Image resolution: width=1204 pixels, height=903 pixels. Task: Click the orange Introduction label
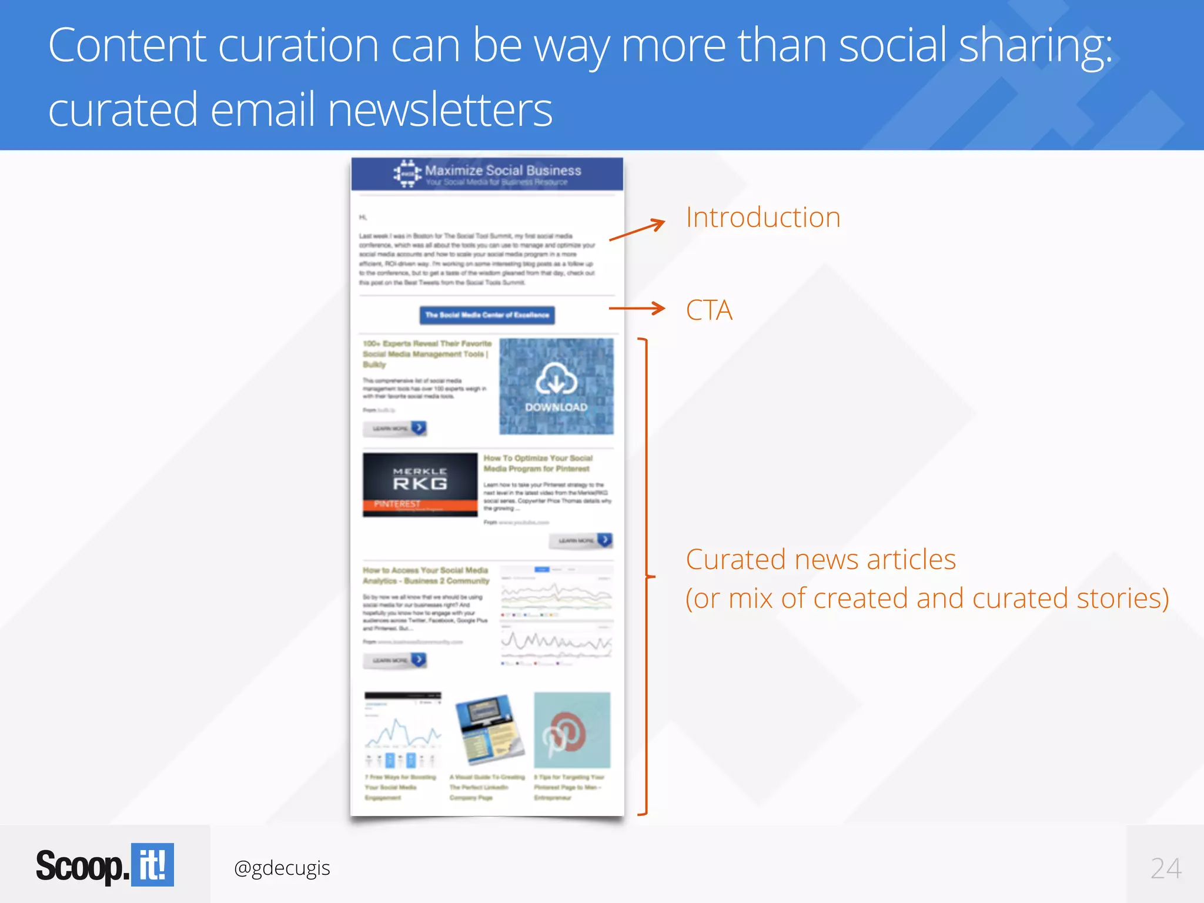[762, 218]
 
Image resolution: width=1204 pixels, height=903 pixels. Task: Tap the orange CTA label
[709, 310]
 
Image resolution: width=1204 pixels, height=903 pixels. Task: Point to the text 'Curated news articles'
[820, 559]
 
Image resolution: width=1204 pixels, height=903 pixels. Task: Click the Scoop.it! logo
[105, 865]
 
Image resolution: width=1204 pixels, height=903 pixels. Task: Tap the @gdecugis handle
[282, 868]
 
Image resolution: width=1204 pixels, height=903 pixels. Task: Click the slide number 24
[1165, 868]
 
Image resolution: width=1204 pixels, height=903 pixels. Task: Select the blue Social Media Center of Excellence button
[487, 315]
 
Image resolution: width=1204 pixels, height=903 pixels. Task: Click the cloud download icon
[556, 379]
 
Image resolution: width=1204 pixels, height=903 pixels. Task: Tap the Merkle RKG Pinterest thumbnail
[420, 484]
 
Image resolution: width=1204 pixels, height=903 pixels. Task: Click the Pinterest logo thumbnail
[571, 730]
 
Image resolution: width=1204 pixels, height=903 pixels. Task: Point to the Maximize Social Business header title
[503, 170]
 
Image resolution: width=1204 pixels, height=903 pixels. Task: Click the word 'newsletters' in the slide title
[440, 110]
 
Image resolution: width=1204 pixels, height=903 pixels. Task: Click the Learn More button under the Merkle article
[580, 540]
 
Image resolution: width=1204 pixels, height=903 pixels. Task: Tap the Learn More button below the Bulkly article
[394, 428]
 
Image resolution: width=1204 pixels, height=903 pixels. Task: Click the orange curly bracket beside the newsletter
[646, 576]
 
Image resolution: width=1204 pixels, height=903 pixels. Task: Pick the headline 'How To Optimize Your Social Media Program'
[537, 463]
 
